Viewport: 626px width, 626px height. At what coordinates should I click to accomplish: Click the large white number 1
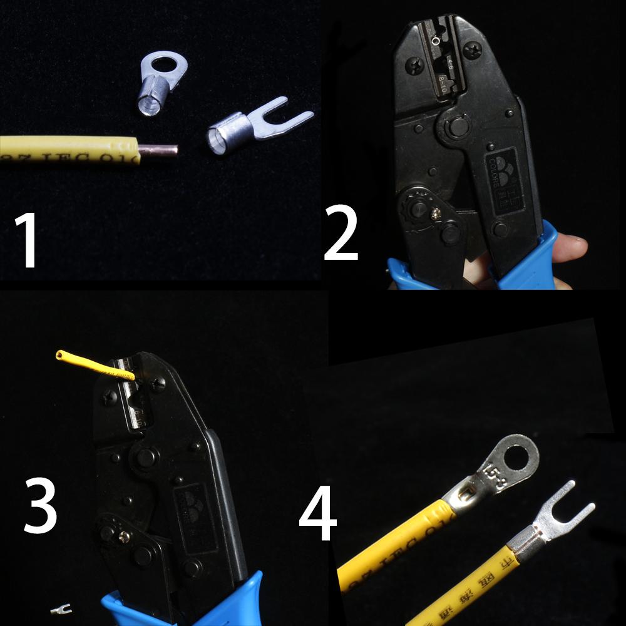coord(29,240)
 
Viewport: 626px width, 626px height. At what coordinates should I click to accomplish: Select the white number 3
coord(41,505)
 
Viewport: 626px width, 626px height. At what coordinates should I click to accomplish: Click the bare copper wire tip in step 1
coord(159,150)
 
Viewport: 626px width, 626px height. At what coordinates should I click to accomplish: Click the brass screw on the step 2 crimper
coord(434,213)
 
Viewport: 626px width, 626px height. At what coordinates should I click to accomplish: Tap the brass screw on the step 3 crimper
coord(125,536)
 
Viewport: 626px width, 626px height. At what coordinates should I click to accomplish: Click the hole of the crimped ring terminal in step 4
coord(519,454)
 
